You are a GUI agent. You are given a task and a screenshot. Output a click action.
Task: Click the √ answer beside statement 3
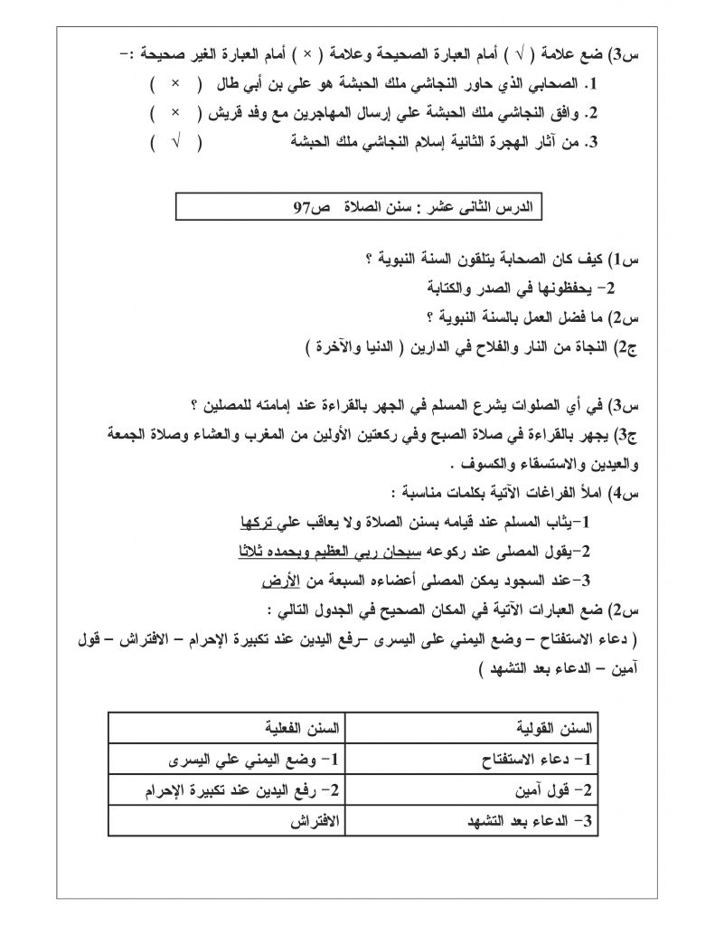pyautogui.click(x=174, y=142)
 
